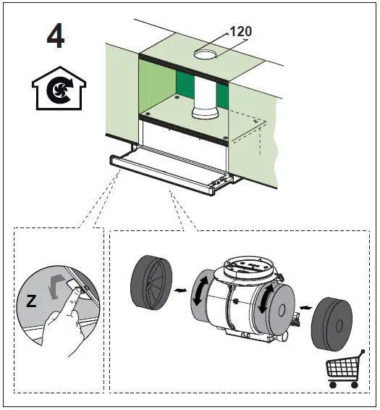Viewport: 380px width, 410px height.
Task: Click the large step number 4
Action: click(55, 37)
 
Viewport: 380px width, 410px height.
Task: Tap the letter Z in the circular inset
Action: click(31, 301)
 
